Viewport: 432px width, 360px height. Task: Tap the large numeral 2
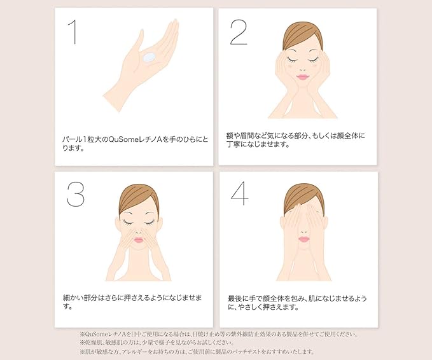click(239, 32)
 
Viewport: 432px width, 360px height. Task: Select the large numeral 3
click(76, 194)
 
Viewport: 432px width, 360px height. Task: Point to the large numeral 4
click(239, 193)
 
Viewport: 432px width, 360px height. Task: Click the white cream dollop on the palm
click(149, 57)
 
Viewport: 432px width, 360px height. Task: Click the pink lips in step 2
click(302, 77)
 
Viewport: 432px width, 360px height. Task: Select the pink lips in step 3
click(139, 240)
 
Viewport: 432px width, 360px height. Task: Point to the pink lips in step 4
click(304, 239)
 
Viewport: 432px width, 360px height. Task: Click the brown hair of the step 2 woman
click(302, 36)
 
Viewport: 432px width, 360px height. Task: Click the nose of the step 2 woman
click(302, 68)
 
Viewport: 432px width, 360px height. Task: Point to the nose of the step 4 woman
click(304, 231)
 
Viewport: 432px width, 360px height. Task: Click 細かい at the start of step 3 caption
click(73, 298)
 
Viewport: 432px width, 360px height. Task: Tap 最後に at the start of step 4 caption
click(238, 298)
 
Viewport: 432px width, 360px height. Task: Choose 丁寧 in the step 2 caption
click(233, 144)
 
